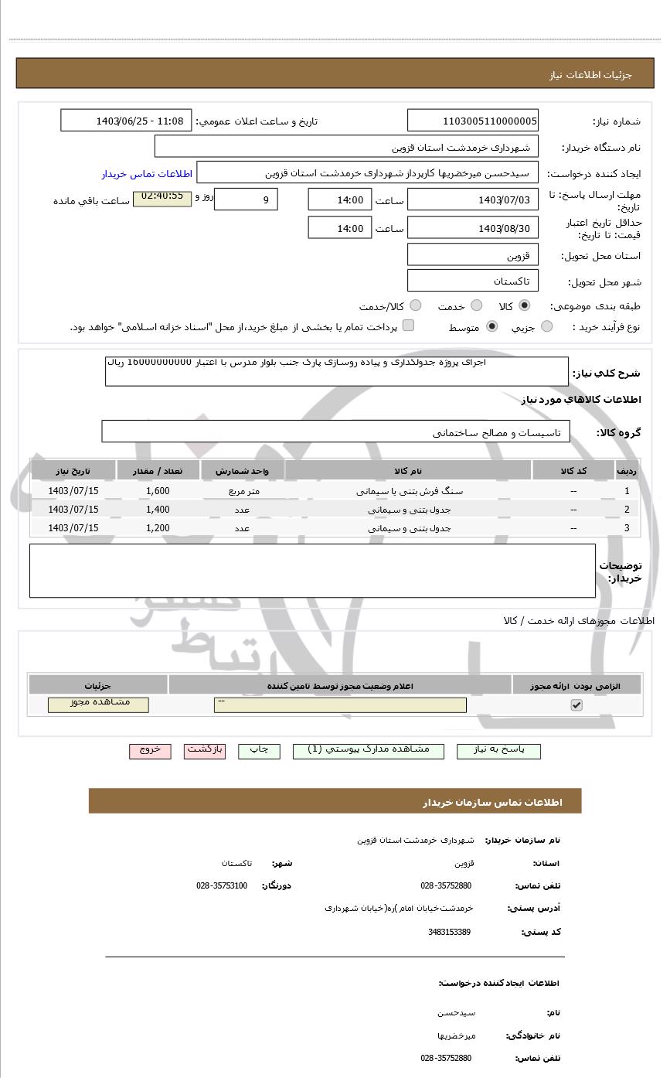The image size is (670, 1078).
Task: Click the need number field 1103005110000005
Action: point(473,121)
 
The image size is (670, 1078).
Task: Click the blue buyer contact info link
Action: point(146,174)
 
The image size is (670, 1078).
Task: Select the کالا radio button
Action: point(525,306)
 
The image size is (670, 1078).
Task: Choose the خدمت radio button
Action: point(477,306)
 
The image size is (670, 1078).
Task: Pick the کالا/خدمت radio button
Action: point(416,306)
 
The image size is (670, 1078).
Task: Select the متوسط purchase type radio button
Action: point(492,327)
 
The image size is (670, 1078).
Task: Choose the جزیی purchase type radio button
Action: point(547,327)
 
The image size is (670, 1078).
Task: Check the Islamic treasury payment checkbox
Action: point(408,326)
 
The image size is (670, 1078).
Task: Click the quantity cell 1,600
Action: point(158,491)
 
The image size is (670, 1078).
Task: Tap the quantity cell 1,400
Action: point(158,510)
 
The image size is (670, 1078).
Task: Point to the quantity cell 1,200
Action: point(158,528)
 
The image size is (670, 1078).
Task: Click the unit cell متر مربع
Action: point(243,491)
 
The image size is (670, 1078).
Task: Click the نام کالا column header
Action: point(408,471)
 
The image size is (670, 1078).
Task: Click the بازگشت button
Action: point(205,751)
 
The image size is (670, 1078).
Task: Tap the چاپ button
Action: point(259,751)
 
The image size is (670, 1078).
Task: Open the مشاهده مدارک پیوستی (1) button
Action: point(369,751)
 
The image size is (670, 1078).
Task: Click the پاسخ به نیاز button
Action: point(498,751)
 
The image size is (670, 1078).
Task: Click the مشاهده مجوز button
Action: point(98,704)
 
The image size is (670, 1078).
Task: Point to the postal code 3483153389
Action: point(449,932)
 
